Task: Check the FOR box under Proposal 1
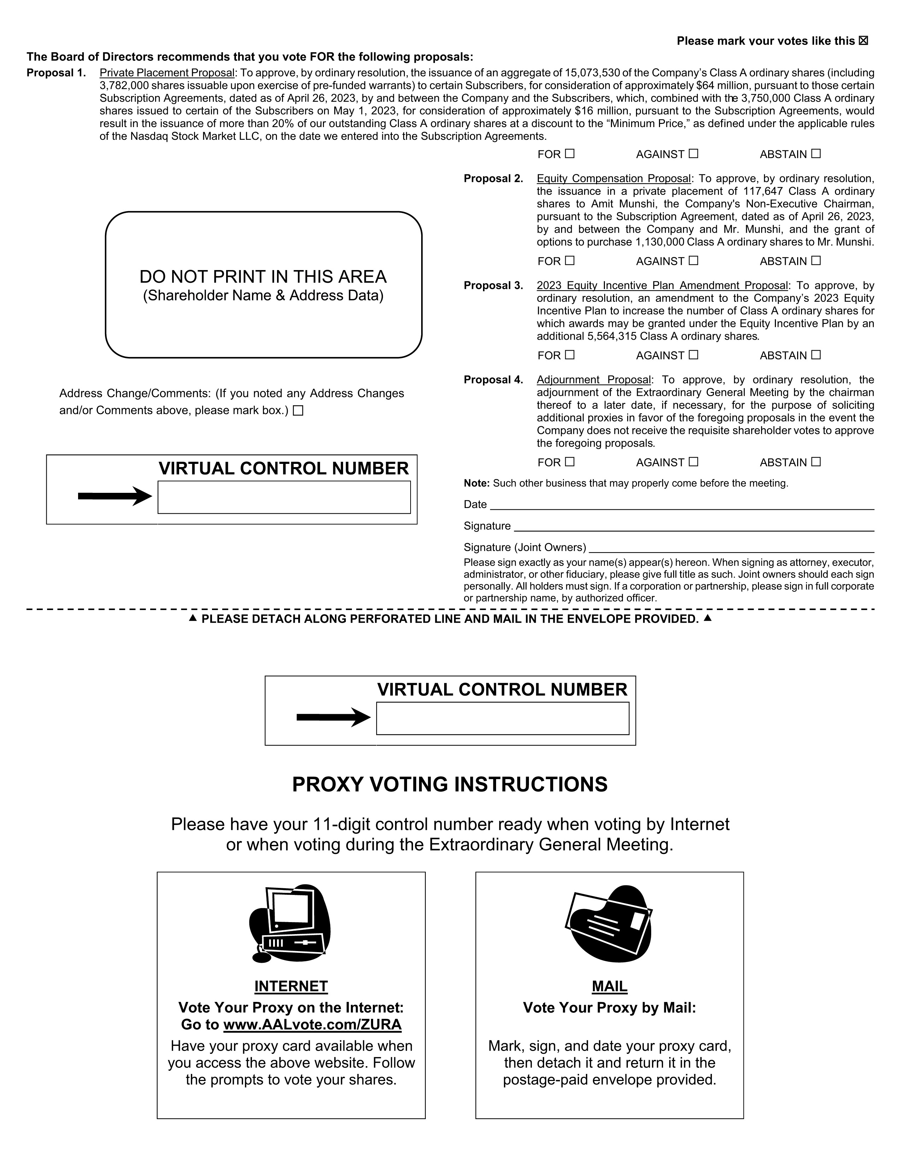[x=570, y=154]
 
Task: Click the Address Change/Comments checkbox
[x=298, y=411]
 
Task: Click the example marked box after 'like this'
[x=864, y=41]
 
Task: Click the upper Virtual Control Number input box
[x=284, y=497]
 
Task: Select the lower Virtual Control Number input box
[x=502, y=718]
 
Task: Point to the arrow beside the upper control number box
[x=115, y=496]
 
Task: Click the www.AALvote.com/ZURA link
[x=312, y=1025]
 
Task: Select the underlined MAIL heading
[x=609, y=986]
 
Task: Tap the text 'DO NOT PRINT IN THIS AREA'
[x=263, y=277]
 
